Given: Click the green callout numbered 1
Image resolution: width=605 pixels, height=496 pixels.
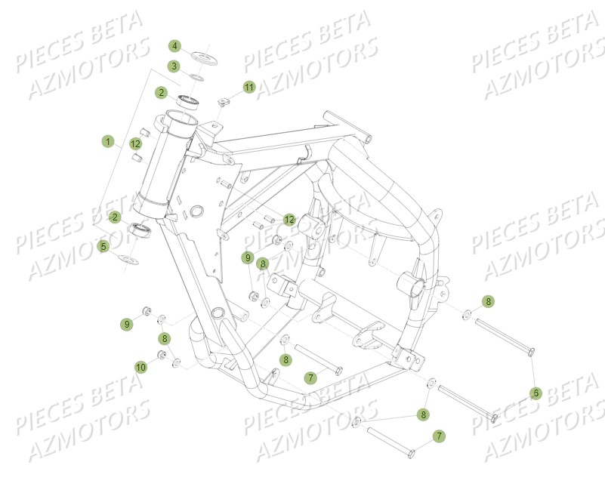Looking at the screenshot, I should pos(108,141).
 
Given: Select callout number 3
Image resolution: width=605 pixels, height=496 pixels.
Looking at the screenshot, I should pos(174,66).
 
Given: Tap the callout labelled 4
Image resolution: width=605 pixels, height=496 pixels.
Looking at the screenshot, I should pos(174,45).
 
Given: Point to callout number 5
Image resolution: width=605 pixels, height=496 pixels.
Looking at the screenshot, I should pos(103,246).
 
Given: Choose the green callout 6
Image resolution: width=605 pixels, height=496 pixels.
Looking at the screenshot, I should pos(536,393).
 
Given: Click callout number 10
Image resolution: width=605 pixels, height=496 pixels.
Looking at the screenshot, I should pos(140,367).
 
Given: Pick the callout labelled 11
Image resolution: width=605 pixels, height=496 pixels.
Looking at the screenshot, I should pos(249,88).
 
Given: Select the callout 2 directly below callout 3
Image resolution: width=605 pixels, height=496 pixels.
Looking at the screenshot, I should pos(162,93).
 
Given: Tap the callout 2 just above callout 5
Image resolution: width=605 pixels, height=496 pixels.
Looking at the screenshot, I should pos(114,217).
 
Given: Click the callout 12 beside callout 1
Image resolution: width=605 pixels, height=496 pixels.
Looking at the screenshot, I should pos(135,143).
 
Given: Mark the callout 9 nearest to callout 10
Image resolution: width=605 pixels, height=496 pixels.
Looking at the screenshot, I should pos(127,324).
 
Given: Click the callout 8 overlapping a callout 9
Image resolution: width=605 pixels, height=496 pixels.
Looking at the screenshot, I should pos(262,263).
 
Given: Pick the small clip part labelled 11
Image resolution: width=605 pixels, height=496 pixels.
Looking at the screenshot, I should pos(223,100).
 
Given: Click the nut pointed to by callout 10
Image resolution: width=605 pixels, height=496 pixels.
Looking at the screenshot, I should pos(161,355).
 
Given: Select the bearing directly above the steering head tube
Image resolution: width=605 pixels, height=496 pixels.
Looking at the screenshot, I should pos(187,100).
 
